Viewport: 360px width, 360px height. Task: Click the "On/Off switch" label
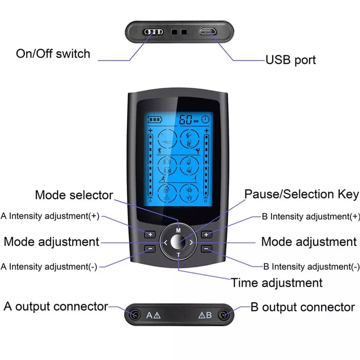pyautogui.click(x=53, y=54)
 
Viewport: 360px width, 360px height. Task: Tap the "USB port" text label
pyautogui.click(x=290, y=60)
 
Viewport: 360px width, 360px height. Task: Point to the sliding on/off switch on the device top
pyautogui.click(x=153, y=32)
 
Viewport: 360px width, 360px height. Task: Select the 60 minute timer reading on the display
pyautogui.click(x=185, y=120)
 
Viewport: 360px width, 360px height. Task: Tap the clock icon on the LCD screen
pyautogui.click(x=205, y=120)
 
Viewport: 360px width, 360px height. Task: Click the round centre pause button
pyautogui.click(x=179, y=242)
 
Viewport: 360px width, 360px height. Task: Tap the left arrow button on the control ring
pyautogui.click(x=165, y=243)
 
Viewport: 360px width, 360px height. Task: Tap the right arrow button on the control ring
pyautogui.click(x=192, y=243)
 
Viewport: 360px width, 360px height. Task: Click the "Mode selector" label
pyautogui.click(x=74, y=195)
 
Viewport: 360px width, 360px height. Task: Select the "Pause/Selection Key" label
pyautogui.click(x=301, y=194)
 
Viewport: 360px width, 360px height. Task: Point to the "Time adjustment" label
pyautogui.click(x=276, y=283)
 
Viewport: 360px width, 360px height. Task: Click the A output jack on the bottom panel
pyautogui.click(x=134, y=315)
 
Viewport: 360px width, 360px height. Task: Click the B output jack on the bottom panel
pyautogui.click(x=223, y=315)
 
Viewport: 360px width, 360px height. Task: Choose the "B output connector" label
pyautogui.click(x=302, y=307)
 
